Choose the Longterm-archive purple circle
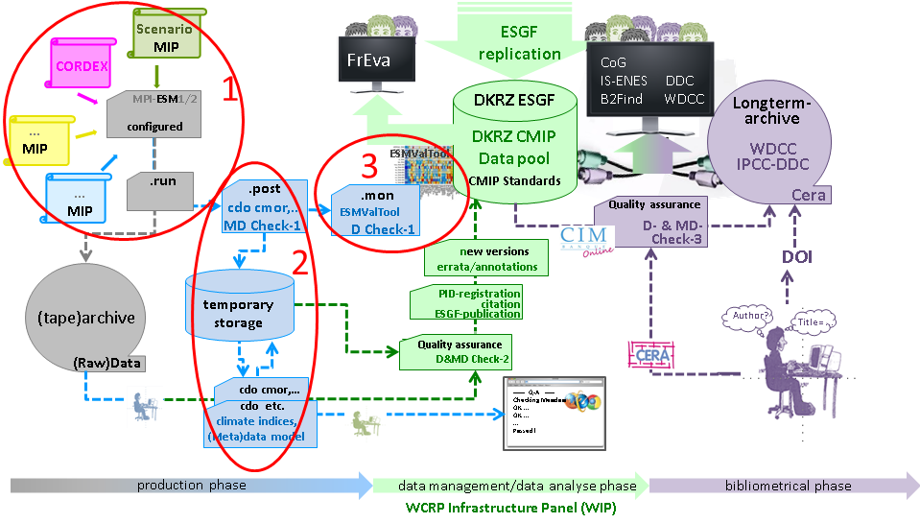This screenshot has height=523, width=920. tap(774, 144)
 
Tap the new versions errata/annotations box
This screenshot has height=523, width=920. tap(481, 258)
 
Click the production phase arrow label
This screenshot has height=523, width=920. tap(191, 485)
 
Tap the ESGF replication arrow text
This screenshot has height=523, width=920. tap(519, 42)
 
